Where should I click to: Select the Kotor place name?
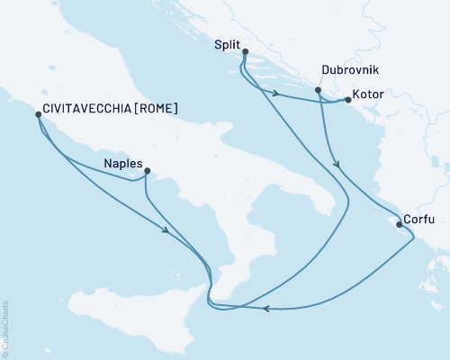point(371,94)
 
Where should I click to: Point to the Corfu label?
point(420,218)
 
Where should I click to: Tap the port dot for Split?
point(246,52)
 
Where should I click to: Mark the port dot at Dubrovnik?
point(318,90)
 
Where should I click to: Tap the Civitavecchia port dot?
point(37,114)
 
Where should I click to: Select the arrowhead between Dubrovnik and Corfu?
point(337,165)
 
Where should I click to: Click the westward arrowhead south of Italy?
point(267,309)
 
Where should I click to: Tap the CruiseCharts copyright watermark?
point(5,328)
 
